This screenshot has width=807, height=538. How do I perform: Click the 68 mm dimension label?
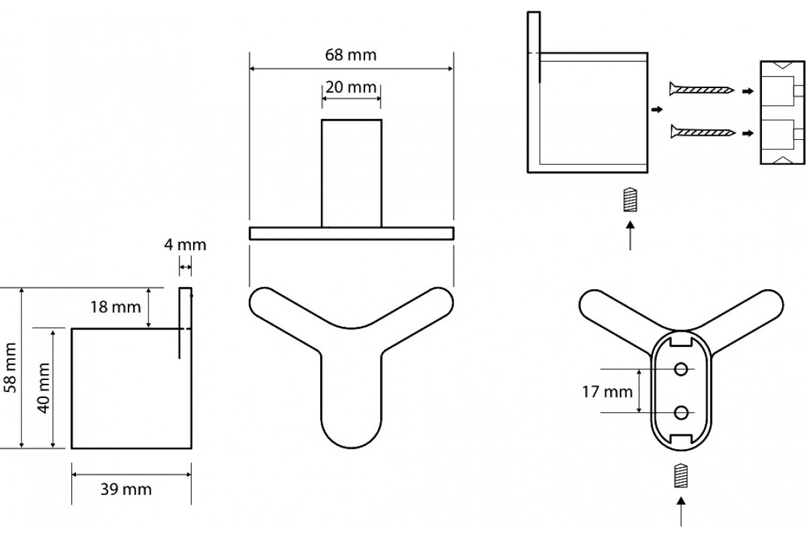[x=350, y=55]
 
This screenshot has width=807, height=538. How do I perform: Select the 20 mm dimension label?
[x=351, y=87]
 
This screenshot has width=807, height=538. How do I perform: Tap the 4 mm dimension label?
[x=185, y=245]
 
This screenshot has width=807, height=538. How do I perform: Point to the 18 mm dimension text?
[x=115, y=307]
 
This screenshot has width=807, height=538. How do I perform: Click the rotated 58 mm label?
[x=10, y=368]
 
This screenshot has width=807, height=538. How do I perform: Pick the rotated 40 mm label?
[x=43, y=388]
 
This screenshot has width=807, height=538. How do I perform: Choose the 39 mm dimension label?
[x=126, y=490]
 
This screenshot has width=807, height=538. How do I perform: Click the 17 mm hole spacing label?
[x=607, y=392]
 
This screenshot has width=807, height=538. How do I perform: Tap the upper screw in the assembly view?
[x=702, y=89]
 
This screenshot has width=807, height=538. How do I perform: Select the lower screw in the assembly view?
[x=703, y=132]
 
